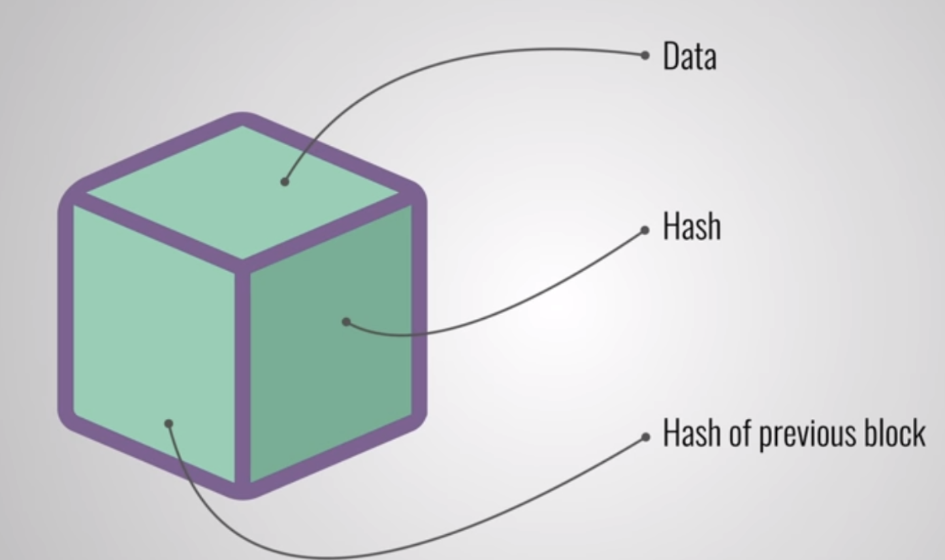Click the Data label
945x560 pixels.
[689, 57]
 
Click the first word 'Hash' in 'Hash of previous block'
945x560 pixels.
[691, 433]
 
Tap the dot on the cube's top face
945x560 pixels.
[285, 182]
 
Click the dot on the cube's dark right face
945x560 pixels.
[346, 322]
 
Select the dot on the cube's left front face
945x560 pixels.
[169, 424]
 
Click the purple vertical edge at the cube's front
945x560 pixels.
[242, 375]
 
